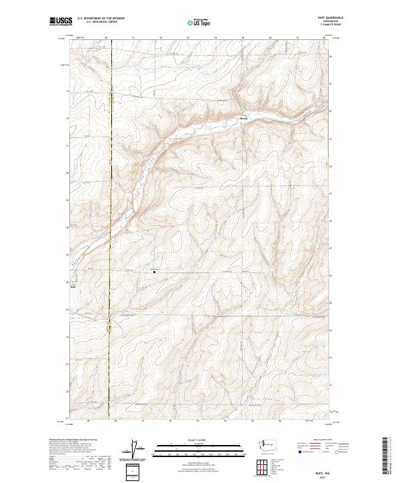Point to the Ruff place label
(x=73, y=288)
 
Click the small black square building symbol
(x=155, y=271)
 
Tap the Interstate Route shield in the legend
(x=300, y=451)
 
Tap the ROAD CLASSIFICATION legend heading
(x=323, y=440)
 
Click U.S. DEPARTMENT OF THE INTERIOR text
(x=101, y=19)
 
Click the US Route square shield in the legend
(x=321, y=451)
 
